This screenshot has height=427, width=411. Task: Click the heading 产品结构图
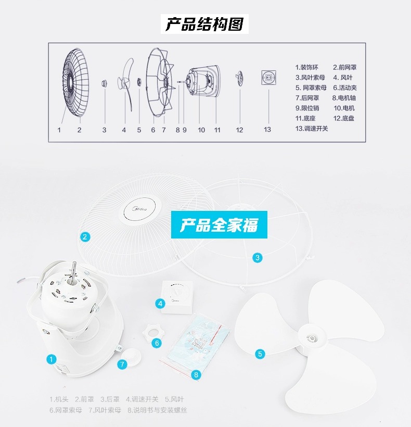click(x=205, y=24)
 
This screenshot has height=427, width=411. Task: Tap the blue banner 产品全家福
click(x=219, y=225)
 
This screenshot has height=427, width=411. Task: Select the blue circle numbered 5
click(x=260, y=354)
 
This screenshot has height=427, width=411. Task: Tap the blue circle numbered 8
click(x=196, y=374)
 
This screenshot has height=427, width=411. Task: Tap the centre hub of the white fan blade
click(x=312, y=338)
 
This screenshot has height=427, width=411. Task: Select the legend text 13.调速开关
click(x=312, y=128)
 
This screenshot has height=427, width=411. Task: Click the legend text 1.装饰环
click(x=306, y=67)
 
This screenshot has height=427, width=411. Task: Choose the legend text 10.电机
click(x=344, y=108)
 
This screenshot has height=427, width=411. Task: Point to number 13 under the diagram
click(x=267, y=130)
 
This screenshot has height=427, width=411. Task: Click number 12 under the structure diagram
click(x=239, y=130)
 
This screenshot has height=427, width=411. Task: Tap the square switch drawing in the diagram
click(x=268, y=77)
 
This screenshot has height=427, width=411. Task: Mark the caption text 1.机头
click(x=59, y=399)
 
